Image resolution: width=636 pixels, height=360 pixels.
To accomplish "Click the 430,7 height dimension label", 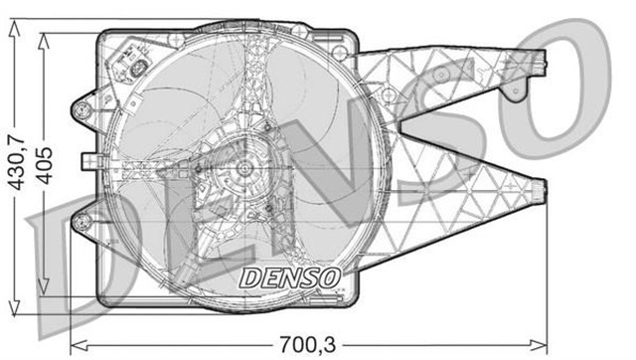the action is [x=18, y=164].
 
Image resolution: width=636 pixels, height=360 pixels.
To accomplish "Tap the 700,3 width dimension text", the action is [x=307, y=345].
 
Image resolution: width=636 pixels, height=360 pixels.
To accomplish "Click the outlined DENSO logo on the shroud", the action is [x=289, y=278].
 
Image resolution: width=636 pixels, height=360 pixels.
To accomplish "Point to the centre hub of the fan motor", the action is [x=243, y=168].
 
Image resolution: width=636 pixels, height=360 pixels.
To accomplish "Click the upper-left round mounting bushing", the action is [x=82, y=109].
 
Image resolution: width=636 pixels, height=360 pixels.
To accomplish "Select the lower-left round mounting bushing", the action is [x=82, y=222].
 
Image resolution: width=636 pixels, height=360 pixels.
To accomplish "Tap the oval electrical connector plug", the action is [x=138, y=69].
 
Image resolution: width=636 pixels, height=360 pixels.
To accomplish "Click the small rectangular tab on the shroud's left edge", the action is [x=89, y=161].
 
